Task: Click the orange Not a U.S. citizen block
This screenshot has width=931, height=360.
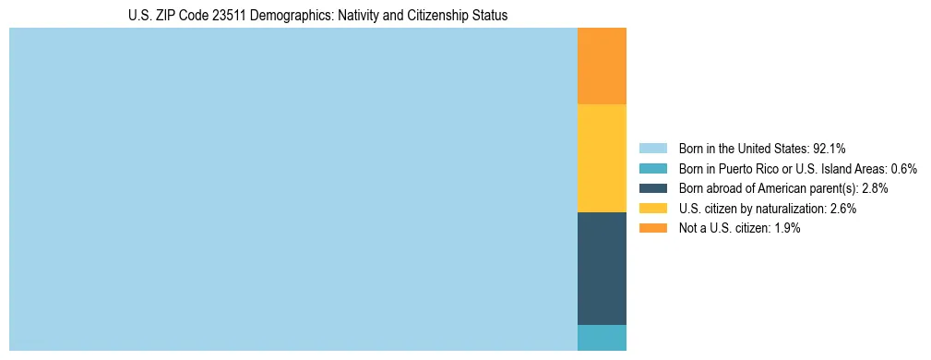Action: [602, 66]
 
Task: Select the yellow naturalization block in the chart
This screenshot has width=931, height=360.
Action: [602, 158]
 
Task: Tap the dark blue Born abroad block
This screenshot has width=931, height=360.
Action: [602, 268]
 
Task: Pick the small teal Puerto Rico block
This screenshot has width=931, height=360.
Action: [602, 338]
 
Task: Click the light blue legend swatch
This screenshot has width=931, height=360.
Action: [652, 148]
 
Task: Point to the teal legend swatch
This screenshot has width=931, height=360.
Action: [652, 168]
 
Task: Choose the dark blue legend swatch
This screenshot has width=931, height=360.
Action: [652, 188]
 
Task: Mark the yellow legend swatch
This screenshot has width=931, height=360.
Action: [652, 209]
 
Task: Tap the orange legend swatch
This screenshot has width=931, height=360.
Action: [652, 229]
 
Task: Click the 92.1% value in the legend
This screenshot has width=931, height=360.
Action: [830, 148]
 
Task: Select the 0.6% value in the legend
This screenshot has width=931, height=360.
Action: [903, 168]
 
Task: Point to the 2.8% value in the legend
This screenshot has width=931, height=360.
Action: [875, 188]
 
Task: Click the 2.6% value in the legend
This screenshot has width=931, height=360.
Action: [843, 209]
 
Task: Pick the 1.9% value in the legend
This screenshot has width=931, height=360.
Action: [786, 229]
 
